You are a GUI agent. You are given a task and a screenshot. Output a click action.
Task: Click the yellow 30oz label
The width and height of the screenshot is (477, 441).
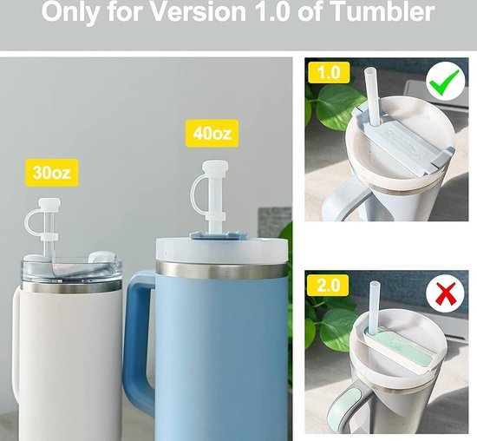52,173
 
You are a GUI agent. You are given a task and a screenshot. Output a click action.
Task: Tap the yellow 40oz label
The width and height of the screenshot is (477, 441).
212,134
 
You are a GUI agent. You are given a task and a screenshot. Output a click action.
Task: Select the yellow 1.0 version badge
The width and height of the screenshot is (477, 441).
329,72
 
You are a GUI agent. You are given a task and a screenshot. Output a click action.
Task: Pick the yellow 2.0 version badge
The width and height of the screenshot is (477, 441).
328,285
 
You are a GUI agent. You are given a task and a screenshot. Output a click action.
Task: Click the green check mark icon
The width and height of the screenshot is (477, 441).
445,82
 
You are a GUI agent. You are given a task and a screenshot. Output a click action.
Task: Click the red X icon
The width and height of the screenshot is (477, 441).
446,293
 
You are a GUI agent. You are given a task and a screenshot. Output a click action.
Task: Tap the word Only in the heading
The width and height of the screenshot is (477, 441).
72,12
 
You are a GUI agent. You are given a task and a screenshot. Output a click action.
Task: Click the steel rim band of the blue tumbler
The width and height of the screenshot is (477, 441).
221,270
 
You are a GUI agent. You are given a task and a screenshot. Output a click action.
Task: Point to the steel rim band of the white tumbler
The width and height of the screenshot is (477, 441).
71,286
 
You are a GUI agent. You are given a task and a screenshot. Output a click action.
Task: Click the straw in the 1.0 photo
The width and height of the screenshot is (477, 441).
373,97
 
